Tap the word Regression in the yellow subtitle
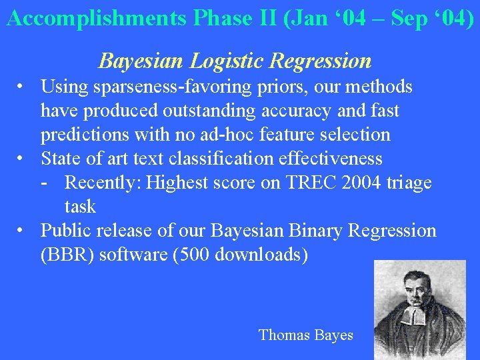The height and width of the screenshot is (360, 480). [x=321, y=61]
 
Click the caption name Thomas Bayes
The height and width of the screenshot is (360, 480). [x=306, y=335]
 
